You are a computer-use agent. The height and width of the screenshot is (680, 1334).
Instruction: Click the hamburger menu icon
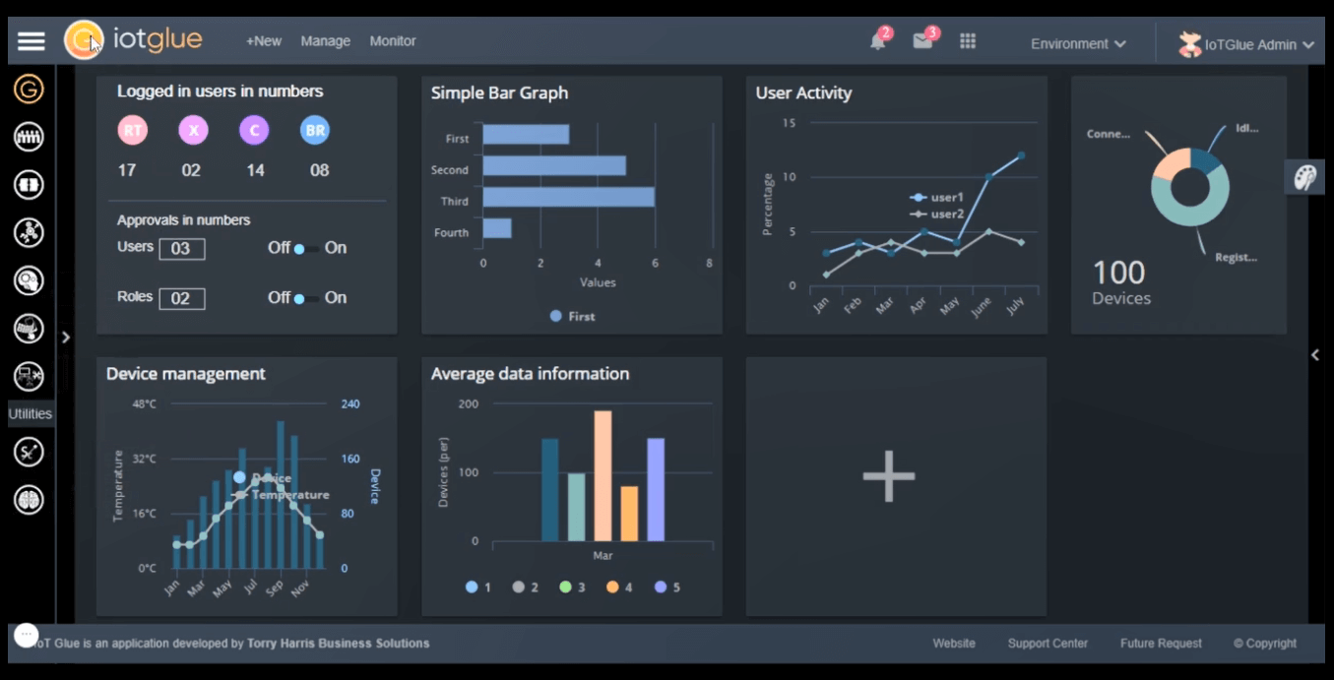click(x=32, y=41)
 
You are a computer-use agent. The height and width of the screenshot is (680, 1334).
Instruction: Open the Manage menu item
click(x=326, y=41)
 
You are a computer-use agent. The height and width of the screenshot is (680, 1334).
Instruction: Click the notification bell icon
click(x=877, y=41)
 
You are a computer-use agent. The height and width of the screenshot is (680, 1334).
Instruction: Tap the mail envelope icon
click(x=922, y=41)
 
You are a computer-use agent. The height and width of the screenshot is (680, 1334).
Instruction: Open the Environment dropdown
click(x=1078, y=43)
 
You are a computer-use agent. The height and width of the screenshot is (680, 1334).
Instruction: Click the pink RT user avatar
click(x=132, y=130)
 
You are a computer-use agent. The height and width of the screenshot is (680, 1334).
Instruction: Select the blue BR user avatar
click(x=315, y=130)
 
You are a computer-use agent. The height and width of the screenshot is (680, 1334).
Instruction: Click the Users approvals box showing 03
click(x=182, y=249)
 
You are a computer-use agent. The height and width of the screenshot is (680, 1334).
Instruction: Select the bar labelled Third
click(x=568, y=197)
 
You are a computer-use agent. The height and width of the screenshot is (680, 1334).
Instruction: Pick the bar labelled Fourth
click(x=497, y=228)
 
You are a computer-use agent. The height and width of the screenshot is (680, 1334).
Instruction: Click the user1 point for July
click(x=1021, y=155)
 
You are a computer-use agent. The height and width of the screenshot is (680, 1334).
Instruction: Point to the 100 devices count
click(x=1119, y=273)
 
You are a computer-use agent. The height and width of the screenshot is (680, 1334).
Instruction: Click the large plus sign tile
click(x=889, y=476)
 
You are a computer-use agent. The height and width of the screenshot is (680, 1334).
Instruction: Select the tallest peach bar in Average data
click(x=603, y=475)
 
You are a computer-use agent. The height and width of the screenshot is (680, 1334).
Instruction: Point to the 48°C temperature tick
click(x=145, y=404)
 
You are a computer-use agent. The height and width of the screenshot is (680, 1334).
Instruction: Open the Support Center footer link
click(x=1048, y=644)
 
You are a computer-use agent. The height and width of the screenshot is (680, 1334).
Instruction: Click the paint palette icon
click(x=1303, y=177)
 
